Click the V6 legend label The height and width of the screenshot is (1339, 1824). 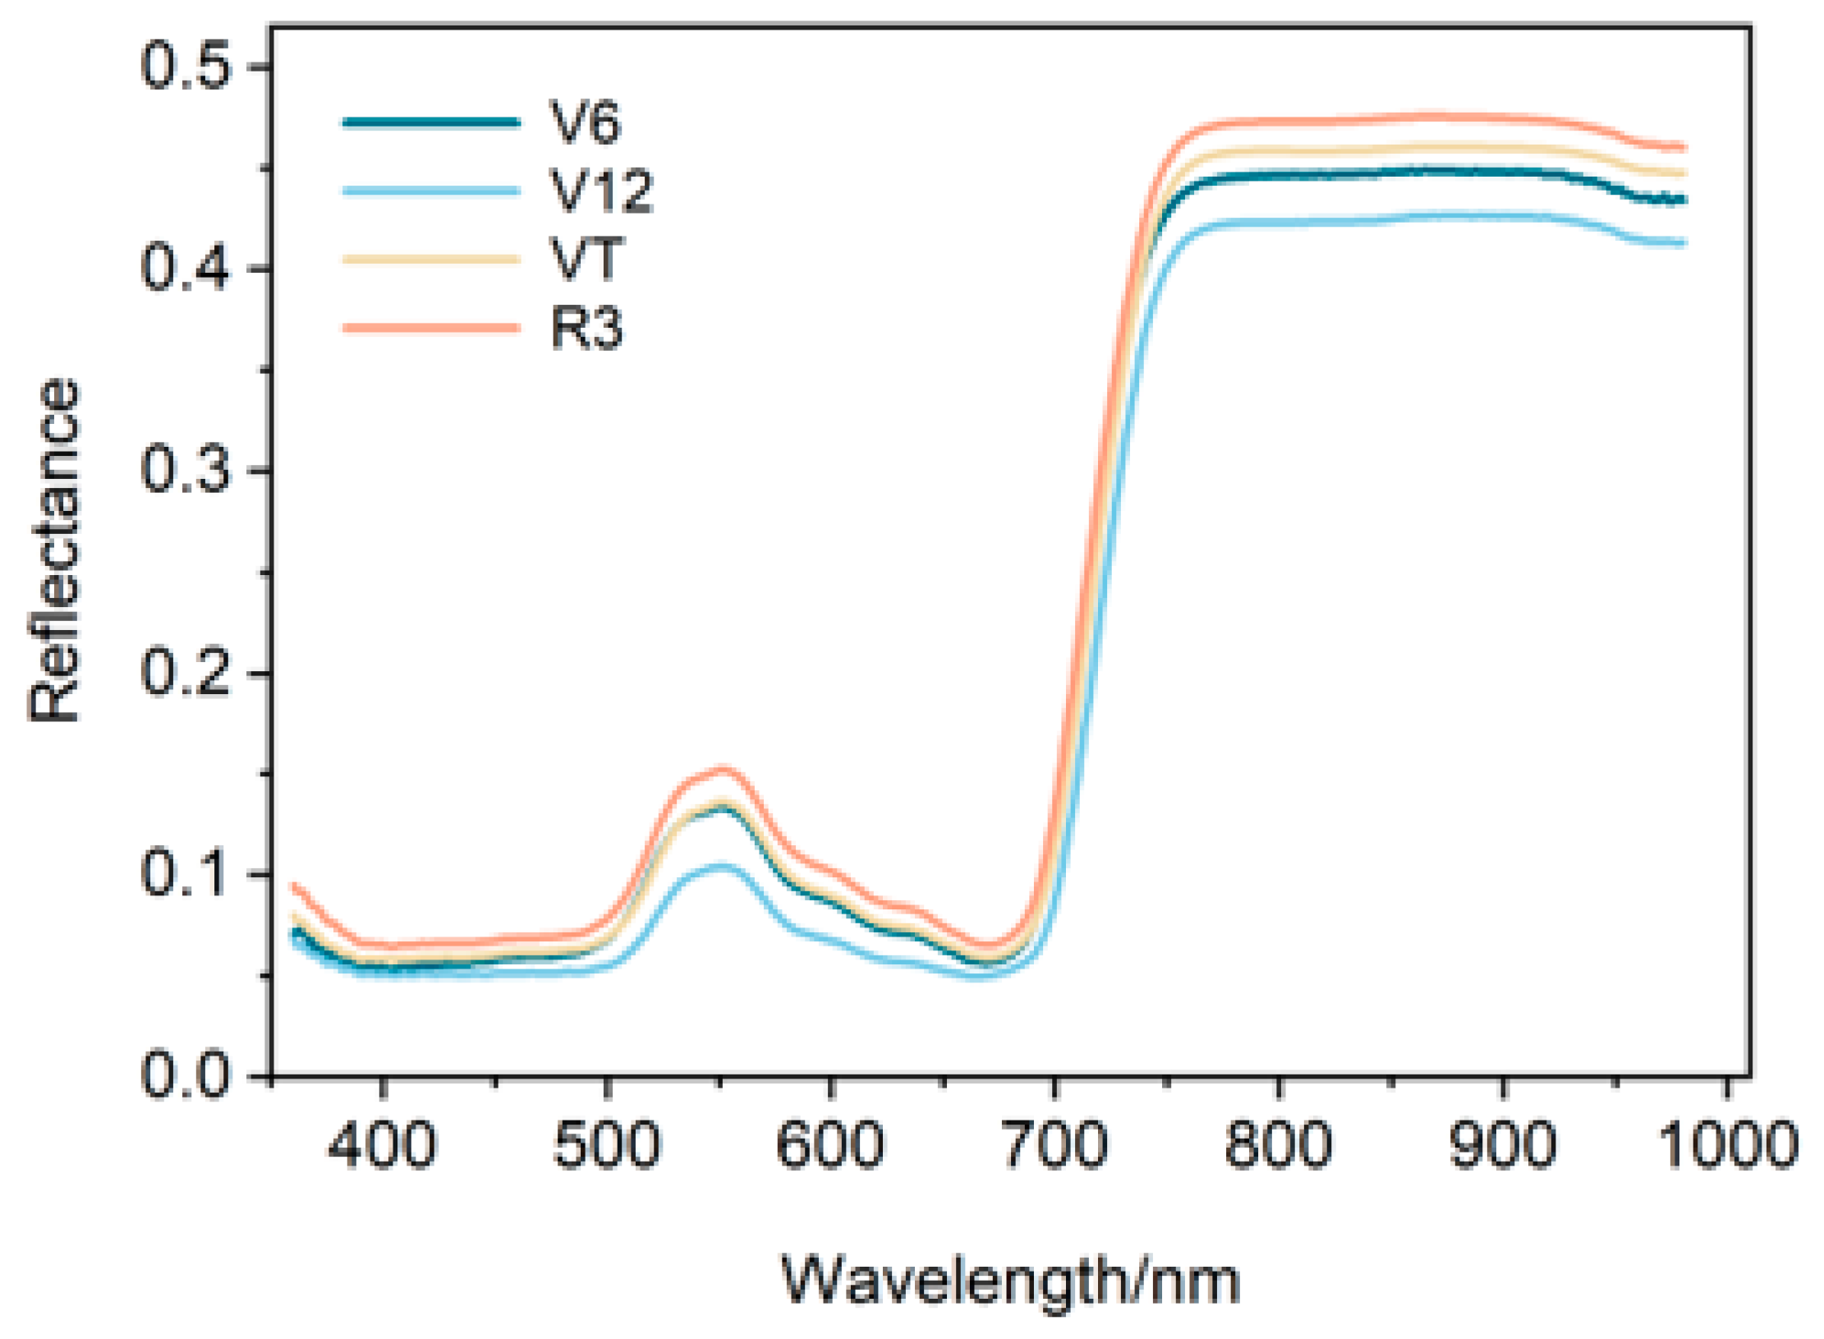[585, 123]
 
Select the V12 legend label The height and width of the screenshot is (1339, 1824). [601, 191]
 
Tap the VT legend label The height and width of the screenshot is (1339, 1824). [586, 260]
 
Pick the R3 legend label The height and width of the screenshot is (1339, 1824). [586, 328]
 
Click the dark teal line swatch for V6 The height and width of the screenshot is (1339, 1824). [431, 122]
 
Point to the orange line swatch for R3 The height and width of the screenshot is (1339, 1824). [431, 328]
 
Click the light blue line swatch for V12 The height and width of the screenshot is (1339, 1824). [431, 191]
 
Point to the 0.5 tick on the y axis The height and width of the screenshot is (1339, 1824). [184, 67]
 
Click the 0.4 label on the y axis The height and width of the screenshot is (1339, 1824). [184, 269]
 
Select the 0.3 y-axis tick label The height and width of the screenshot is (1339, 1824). [184, 471]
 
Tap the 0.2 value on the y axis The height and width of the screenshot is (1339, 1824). [184, 673]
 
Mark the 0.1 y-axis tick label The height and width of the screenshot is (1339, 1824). [184, 873]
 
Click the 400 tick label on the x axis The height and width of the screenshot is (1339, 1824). [382, 1145]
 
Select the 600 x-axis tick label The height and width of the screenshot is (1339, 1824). [830, 1145]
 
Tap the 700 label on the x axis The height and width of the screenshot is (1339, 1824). [1055, 1145]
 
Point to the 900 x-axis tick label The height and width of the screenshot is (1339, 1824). [1503, 1145]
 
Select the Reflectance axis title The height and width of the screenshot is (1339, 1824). [54, 550]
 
